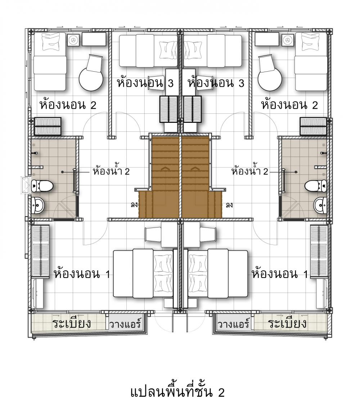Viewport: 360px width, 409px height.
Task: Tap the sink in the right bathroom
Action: pyautogui.click(x=320, y=205)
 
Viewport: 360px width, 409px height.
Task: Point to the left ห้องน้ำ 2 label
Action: pyautogui.click(x=111, y=171)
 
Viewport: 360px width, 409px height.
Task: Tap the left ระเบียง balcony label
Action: pyautogui.click(x=72, y=323)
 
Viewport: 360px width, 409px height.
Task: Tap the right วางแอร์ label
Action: pyautogui.click(x=234, y=324)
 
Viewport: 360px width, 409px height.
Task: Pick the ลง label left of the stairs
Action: pyautogui.click(x=134, y=205)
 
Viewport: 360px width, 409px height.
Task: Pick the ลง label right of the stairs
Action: pyautogui.click(x=229, y=205)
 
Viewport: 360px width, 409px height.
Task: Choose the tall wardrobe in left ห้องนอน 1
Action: pyautogui.click(x=40, y=251)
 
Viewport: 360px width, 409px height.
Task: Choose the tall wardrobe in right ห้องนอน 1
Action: pyautogui.click(x=319, y=251)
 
